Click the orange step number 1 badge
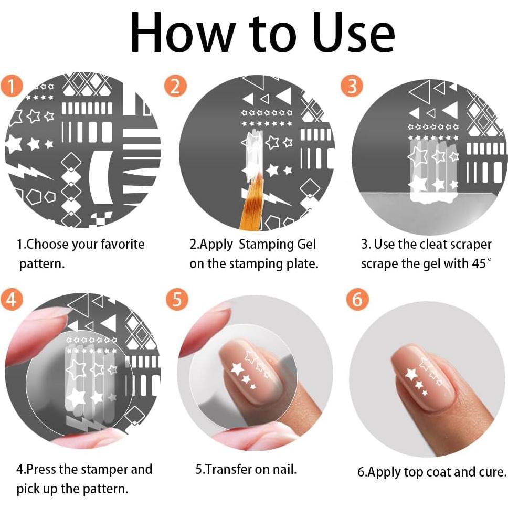click(x=12, y=86)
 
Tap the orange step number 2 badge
click(x=175, y=86)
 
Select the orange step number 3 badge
click(x=352, y=86)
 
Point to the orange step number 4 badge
click(x=12, y=299)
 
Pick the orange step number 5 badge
click(x=176, y=299)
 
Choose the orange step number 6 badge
click(x=357, y=299)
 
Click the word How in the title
click(x=183, y=33)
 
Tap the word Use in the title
click(x=354, y=33)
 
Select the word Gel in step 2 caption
click(x=306, y=244)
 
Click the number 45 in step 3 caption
click(x=479, y=263)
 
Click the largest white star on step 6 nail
click(x=412, y=374)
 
